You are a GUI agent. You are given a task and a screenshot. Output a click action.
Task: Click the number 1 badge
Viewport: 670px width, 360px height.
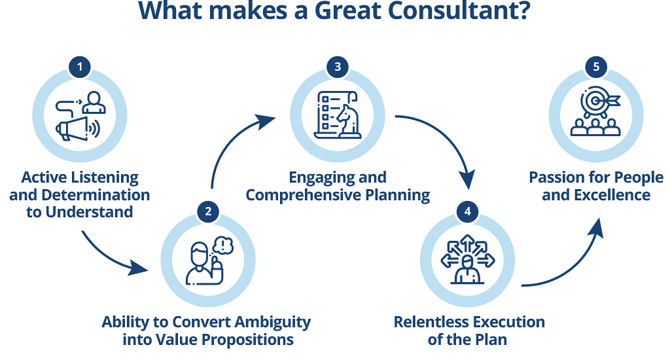79,67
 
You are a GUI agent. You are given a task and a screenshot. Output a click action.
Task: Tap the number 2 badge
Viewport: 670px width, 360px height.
208,211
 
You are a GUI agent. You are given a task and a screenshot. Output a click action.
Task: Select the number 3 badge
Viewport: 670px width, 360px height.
338,67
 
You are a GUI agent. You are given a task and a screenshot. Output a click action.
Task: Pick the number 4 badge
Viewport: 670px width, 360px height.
467,211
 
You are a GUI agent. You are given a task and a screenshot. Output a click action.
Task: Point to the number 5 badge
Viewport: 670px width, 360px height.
596,67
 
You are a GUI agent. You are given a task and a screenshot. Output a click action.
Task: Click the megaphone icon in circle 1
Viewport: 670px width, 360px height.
78,128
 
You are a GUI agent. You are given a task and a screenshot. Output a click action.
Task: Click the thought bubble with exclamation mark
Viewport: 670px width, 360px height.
223,245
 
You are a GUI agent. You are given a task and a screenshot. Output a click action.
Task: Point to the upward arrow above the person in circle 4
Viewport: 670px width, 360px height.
467,243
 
